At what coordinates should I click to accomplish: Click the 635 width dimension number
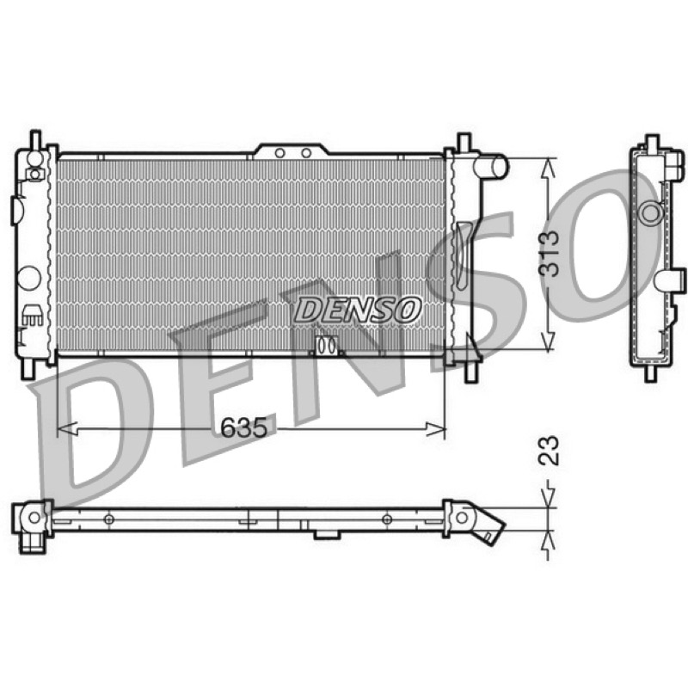coord(243,427)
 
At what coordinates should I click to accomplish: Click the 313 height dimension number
coord(550,254)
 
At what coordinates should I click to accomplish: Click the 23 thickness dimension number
coord(550,450)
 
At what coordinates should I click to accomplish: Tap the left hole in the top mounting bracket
coord(280,153)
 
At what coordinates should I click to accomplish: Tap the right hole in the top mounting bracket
coord(306,153)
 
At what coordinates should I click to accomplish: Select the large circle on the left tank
coord(30,278)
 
